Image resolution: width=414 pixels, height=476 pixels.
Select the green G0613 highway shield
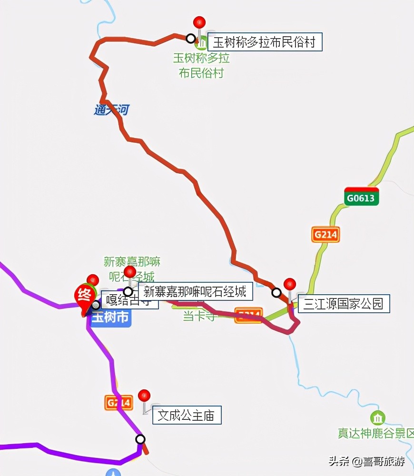362,197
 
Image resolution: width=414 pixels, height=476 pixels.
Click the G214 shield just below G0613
326,235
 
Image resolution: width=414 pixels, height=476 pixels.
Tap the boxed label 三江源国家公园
344,303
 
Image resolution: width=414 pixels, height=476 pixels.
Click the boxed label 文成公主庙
187,416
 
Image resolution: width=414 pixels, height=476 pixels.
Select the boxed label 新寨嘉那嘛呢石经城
195,291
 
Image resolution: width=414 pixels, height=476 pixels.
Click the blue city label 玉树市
110,317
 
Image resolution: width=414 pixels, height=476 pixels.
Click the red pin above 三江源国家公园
290,285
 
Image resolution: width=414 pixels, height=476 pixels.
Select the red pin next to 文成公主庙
144,396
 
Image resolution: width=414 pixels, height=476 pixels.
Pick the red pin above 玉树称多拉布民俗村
199,22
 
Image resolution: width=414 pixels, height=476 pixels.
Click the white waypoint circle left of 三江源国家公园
276,292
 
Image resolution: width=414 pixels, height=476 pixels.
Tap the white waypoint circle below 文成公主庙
140,439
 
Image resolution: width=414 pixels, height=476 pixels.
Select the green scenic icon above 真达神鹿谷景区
378,418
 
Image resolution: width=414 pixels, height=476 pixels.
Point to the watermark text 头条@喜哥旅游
366,461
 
